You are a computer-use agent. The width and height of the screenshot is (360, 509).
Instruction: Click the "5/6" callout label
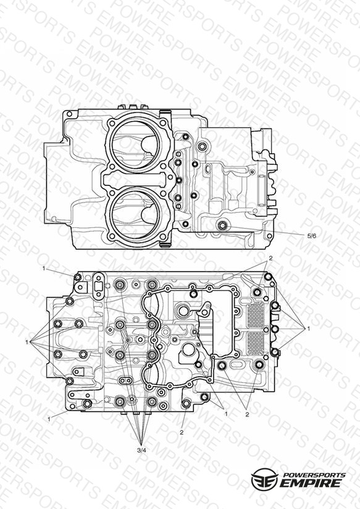pyautogui.click(x=311, y=236)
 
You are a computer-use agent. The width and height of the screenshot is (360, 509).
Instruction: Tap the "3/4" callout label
pyautogui.click(x=141, y=450)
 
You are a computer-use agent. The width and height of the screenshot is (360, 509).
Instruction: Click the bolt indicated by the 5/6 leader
pyautogui.click(x=223, y=225)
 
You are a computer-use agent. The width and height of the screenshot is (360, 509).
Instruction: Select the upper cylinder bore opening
pyautogui.click(x=135, y=145)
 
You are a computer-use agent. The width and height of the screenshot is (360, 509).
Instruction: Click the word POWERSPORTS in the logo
pyautogui.click(x=314, y=475)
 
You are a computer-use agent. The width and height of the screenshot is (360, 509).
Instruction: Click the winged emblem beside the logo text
pyautogui.click(x=264, y=479)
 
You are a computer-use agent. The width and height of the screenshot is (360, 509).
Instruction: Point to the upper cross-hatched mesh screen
pyautogui.click(x=256, y=314)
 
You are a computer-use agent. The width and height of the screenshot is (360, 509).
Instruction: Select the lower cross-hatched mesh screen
pyautogui.click(x=256, y=344)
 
